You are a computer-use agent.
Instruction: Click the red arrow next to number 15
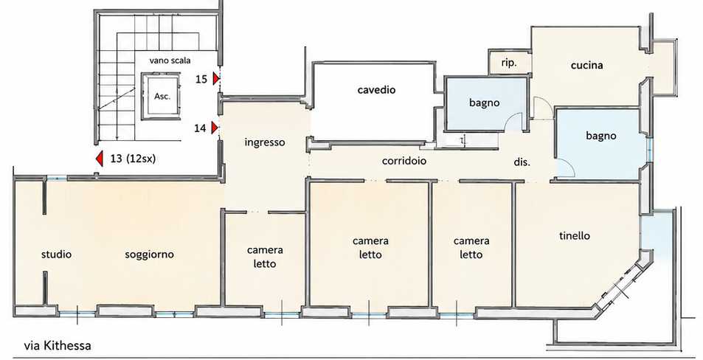pos(215,79)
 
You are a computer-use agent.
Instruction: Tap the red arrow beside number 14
pos(215,128)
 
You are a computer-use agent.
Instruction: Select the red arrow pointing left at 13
pos(100,159)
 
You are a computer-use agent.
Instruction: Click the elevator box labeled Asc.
pos(162,97)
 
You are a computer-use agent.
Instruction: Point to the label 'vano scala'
pos(170,60)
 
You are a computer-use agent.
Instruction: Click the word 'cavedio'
pos(377,90)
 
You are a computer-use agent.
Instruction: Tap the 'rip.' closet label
pos(509,63)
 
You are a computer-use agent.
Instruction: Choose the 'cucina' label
pos(587,66)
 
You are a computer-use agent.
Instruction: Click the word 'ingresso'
pos(265,142)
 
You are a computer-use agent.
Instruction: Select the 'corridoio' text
pos(404,161)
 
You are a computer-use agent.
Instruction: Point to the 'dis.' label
pos(522,162)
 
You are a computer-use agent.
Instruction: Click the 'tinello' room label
pos(575,236)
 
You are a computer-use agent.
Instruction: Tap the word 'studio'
pos(57,255)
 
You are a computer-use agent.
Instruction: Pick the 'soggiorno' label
pos(149,255)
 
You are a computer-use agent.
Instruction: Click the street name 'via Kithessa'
pos(58,346)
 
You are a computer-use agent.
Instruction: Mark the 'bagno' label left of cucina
pos(484,103)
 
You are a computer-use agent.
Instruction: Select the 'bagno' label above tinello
pos(600,136)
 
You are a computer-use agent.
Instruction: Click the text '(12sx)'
pos(140,159)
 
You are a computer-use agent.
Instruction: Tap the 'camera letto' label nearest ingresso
pos(265,257)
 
